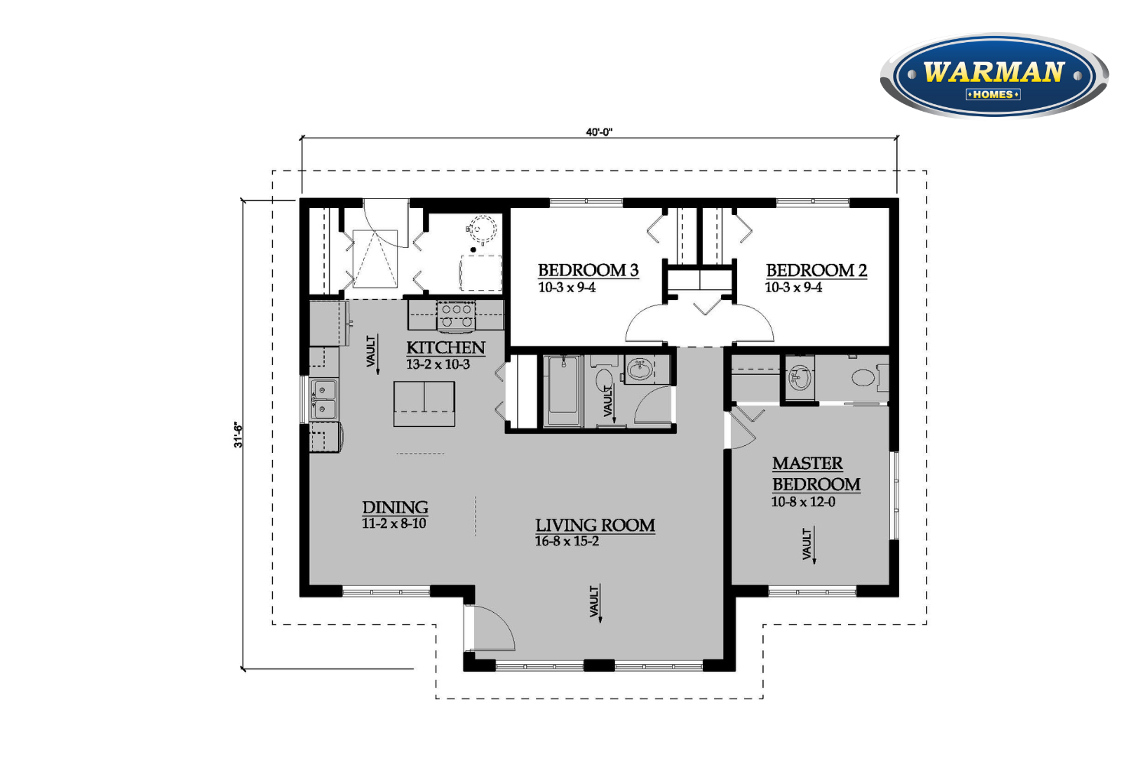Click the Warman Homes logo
(x=994, y=75)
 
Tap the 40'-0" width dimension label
(x=599, y=132)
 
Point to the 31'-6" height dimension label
(x=238, y=435)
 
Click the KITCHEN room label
(x=446, y=347)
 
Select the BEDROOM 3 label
(x=588, y=270)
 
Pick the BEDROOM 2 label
(x=816, y=270)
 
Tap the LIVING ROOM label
(x=595, y=526)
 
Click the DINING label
(x=395, y=507)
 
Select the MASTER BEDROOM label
(x=816, y=474)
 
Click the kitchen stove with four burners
(x=456, y=315)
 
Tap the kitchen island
(x=424, y=404)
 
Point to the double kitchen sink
(x=325, y=399)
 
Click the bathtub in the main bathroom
(x=563, y=391)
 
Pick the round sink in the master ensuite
(x=799, y=378)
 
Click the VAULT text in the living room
(x=594, y=601)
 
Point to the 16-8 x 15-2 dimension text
(x=567, y=541)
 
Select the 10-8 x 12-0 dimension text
(x=803, y=502)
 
